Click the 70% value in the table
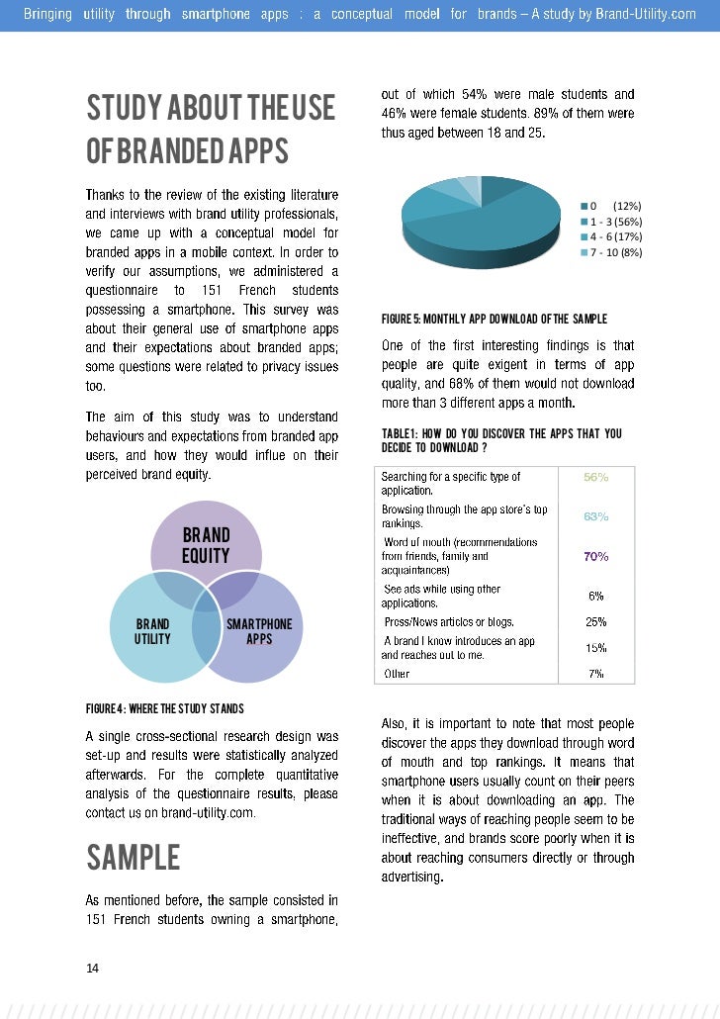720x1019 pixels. pyautogui.click(x=595, y=556)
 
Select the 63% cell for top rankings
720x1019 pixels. pyautogui.click(x=595, y=516)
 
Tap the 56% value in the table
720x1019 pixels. pyautogui.click(x=595, y=477)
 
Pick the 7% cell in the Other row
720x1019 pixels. pyautogui.click(x=595, y=674)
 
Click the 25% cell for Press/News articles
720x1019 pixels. pyautogui.click(x=595, y=622)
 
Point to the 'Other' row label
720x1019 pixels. pyautogui.click(x=397, y=674)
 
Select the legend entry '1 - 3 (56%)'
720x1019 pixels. pyautogui.click(x=615, y=222)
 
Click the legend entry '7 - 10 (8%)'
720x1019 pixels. pyautogui.click(x=615, y=253)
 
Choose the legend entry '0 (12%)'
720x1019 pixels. pyautogui.click(x=615, y=206)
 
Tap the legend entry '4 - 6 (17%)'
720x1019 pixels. pyautogui.click(x=615, y=237)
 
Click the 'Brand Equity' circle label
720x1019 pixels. pyautogui.click(x=206, y=546)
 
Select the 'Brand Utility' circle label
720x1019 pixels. pyautogui.click(x=152, y=631)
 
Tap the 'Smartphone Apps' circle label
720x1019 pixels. pyautogui.click(x=259, y=631)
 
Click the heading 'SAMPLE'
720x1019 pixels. pyautogui.click(x=134, y=857)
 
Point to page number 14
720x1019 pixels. pyautogui.click(x=93, y=969)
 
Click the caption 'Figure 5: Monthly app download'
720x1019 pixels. pyautogui.click(x=494, y=319)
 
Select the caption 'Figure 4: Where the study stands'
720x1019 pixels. pyautogui.click(x=164, y=708)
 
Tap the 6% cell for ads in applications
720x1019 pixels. pyautogui.click(x=595, y=596)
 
